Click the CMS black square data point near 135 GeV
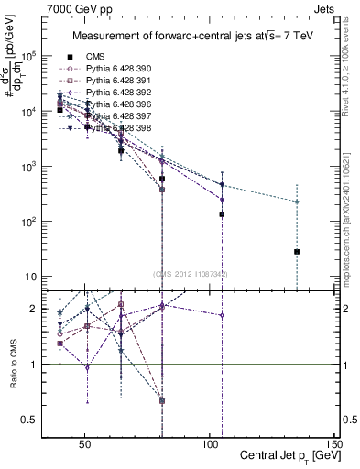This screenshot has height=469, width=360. point(297,252)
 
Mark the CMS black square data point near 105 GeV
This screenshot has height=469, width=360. point(222,214)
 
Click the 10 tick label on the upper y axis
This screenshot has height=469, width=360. point(31,278)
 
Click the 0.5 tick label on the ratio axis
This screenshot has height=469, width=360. point(27,420)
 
